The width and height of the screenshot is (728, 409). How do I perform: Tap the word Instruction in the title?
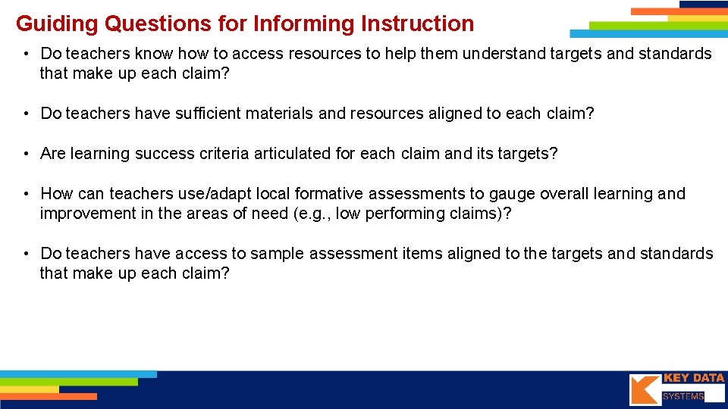(x=418, y=24)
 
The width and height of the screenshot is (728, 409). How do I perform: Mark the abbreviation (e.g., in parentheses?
(x=311, y=214)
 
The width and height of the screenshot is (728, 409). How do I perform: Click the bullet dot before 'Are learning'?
(x=26, y=154)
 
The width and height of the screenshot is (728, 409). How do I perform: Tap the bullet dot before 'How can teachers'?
(x=26, y=194)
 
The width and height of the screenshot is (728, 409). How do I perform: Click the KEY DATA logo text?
(x=693, y=378)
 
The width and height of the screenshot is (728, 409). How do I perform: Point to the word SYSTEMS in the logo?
(x=682, y=396)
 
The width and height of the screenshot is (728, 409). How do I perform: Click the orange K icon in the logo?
(x=643, y=389)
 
